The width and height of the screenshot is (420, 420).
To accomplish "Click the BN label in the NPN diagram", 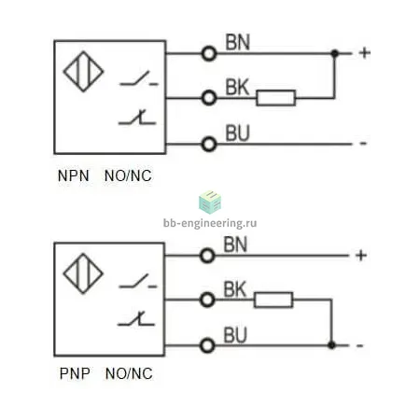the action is pos(238,43).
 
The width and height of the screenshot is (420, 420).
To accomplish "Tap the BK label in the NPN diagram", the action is pos(237,87).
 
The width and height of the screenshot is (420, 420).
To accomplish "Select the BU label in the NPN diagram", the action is pos(237,133).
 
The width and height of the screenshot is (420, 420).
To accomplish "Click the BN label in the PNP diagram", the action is pos(235,245).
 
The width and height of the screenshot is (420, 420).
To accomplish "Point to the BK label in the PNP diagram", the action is pos(235,289).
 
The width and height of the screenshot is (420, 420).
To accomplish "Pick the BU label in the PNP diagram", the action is pos(235,335).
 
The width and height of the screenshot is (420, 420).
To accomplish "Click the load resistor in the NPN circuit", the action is pos(276,98).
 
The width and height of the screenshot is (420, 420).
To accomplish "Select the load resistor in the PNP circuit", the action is pos(273,300).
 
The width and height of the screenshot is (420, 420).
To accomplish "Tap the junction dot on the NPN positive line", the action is pos(335,53).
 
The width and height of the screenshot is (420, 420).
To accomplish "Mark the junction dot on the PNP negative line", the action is pos(331,345).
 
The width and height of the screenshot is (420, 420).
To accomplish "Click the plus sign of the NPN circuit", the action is pos(365,53).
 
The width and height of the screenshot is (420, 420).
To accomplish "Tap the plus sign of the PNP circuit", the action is pos(361,256).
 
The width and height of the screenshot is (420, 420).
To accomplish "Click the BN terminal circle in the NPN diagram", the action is pos(209,53).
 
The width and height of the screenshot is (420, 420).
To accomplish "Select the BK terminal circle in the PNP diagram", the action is pos(207,300).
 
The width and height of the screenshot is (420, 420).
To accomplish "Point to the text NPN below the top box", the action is pos(74,175).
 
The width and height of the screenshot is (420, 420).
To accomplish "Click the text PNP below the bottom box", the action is pos(75,373).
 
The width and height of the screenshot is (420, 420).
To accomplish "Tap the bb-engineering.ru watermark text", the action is pos(210,223).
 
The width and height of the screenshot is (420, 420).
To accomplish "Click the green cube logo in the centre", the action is pos(210,203).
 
